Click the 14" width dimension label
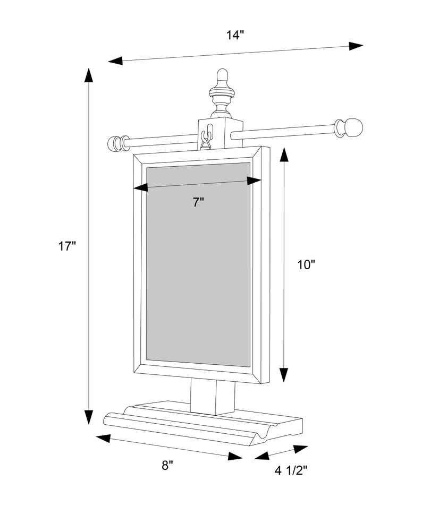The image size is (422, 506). pyautogui.click(x=234, y=35)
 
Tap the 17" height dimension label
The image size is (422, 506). pyautogui.click(x=67, y=246)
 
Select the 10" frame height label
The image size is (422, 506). pyautogui.click(x=306, y=264)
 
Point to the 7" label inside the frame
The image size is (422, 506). pyautogui.click(x=199, y=203)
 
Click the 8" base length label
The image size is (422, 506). pyautogui.click(x=167, y=465)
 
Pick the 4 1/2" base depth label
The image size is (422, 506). pyautogui.click(x=291, y=471)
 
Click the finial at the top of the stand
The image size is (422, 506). pyautogui.click(x=222, y=93)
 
